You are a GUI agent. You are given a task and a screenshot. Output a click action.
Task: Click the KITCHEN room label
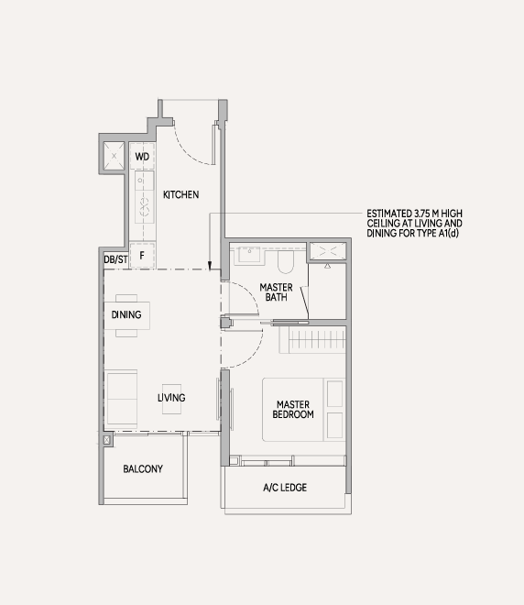[x=180, y=194]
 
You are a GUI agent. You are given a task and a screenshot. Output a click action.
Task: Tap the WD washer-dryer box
[x=142, y=156]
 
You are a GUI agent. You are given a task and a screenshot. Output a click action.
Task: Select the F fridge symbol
[x=142, y=255]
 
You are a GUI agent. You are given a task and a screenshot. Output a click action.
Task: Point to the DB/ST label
[x=115, y=259]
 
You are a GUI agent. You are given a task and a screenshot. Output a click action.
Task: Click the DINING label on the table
[x=126, y=314]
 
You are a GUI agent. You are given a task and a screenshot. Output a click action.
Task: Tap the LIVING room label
[x=171, y=398]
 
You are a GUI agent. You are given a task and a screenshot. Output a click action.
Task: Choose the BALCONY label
[x=143, y=468]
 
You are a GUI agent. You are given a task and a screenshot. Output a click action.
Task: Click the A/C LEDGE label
[x=285, y=488]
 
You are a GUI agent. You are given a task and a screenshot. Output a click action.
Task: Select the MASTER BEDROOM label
[x=293, y=410]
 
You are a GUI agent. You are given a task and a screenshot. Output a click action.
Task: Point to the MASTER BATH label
[x=276, y=292]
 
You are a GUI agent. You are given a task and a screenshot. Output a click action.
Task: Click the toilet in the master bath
[x=286, y=261]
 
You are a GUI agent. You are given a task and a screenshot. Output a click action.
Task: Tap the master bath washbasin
[x=249, y=254]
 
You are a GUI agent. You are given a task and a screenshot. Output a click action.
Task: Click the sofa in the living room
[x=121, y=399]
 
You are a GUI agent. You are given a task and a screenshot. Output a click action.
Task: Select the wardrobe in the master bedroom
[x=312, y=339]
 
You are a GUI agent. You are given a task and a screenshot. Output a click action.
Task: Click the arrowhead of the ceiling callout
[x=210, y=266]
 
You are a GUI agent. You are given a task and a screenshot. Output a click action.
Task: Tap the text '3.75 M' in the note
[x=427, y=214]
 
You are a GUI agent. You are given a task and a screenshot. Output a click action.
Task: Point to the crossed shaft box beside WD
[x=115, y=156]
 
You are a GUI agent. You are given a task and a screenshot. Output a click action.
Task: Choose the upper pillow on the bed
[x=334, y=393]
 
